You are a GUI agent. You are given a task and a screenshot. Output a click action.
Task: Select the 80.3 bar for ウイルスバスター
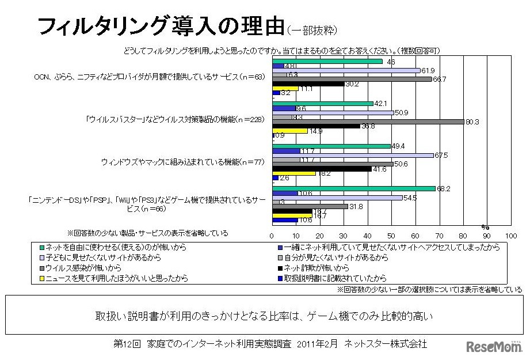(x=368, y=122)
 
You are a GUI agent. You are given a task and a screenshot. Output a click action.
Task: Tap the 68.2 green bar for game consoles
(x=353, y=188)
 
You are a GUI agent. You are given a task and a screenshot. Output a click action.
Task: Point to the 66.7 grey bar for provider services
(x=352, y=79)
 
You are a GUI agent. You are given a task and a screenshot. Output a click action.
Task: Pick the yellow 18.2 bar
(x=293, y=173)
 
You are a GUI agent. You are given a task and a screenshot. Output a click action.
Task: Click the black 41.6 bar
(x=322, y=169)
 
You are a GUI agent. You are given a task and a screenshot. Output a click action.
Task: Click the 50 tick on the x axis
(x=391, y=236)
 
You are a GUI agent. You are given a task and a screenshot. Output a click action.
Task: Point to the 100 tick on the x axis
(x=510, y=236)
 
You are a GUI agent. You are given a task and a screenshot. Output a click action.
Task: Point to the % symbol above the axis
(x=485, y=227)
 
